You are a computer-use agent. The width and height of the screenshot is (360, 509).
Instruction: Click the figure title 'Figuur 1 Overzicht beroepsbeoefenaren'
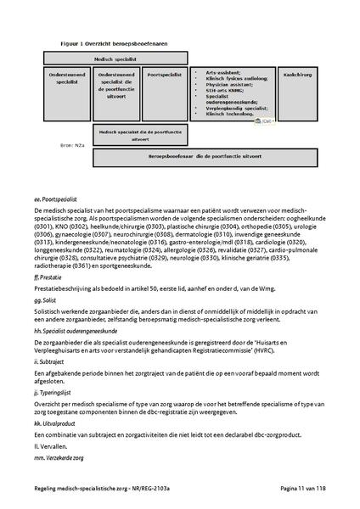pyautogui.click(x=103, y=40)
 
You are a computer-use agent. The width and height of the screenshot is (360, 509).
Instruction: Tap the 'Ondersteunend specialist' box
pyautogui.click(x=67, y=79)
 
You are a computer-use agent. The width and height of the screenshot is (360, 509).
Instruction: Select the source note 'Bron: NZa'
pyautogui.click(x=63, y=147)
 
